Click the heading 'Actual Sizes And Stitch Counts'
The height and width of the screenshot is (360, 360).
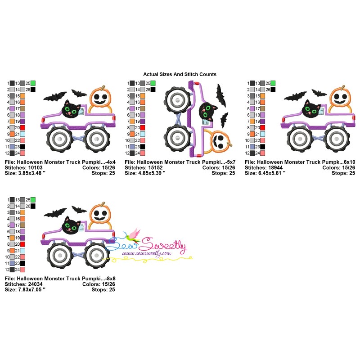click(180, 74)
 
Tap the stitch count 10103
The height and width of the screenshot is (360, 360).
click(35, 167)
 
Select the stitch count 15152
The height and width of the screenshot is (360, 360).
click(155, 167)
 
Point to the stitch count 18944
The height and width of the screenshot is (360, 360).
click(275, 167)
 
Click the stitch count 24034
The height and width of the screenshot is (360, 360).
click(35, 284)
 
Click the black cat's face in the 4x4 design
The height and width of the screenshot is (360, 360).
click(71, 109)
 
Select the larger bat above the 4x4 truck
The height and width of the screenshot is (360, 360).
click(55, 96)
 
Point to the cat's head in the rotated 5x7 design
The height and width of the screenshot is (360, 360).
click(207, 111)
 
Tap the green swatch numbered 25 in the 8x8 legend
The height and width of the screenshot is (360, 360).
click(33, 200)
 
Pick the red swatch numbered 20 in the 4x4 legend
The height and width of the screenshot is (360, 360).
click(22, 128)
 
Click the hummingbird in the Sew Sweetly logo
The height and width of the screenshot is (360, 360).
click(133, 235)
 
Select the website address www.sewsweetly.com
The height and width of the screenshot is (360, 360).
click(147, 253)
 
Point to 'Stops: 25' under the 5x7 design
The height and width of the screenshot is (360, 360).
click(223, 173)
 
